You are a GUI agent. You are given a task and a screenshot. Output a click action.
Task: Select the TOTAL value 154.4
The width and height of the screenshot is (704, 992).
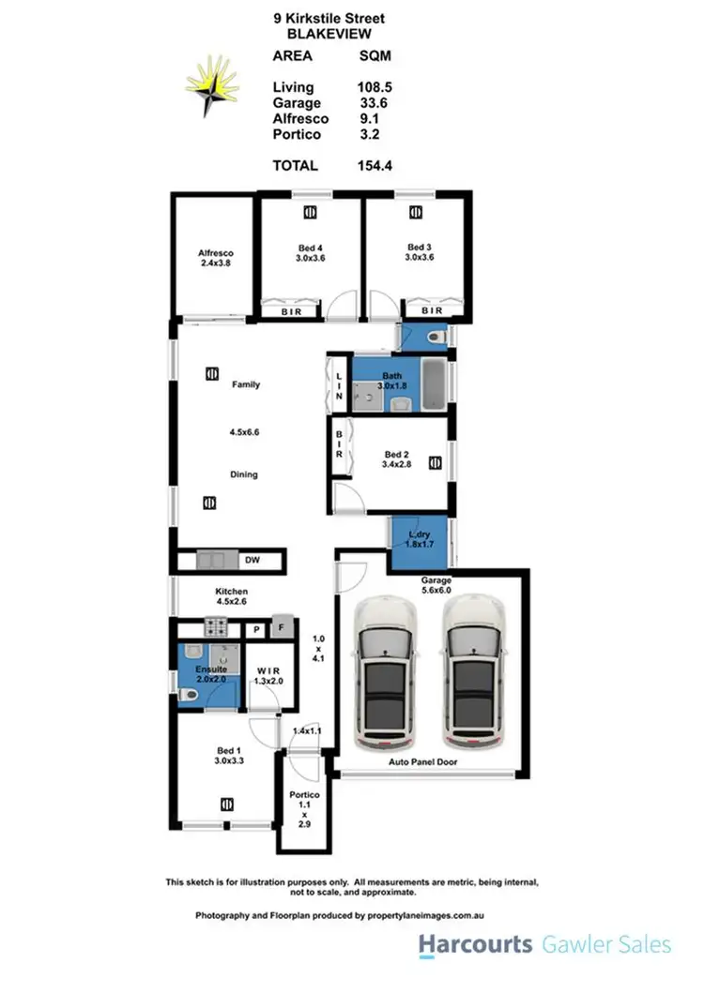pos(374,165)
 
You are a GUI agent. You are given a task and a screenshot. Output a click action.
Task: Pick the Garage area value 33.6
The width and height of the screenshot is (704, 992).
pos(374,103)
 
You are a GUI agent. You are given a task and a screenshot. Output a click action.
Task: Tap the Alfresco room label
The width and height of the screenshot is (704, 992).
pos(215,253)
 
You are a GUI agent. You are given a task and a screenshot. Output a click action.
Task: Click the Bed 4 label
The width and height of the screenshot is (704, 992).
pos(310,248)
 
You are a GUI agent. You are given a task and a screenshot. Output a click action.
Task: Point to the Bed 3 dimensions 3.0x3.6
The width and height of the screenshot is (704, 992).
pos(420,257)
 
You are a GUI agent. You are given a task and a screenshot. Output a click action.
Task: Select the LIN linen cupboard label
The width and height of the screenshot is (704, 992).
pos(339,384)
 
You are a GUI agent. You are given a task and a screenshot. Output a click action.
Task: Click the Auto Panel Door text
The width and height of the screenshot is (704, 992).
pos(423,763)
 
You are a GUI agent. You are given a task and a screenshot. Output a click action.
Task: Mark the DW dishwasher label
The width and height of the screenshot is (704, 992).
pos(251,561)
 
